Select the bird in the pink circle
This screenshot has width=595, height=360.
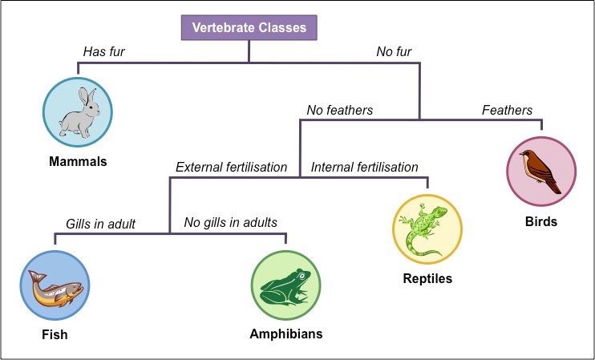point(540,170)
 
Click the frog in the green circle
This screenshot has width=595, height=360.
point(285,287)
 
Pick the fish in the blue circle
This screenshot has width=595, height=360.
point(55,285)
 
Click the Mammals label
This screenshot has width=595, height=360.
point(77,161)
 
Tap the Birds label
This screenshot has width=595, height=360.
point(541,221)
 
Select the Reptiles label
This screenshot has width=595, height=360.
point(427,279)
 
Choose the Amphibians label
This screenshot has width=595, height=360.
point(285,334)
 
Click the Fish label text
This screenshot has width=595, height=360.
point(54,334)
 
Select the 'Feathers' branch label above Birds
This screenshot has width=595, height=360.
point(507,110)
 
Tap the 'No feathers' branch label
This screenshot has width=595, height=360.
point(339,110)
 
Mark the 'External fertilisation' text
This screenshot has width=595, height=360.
point(231,168)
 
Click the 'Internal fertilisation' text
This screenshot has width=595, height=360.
point(365,168)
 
